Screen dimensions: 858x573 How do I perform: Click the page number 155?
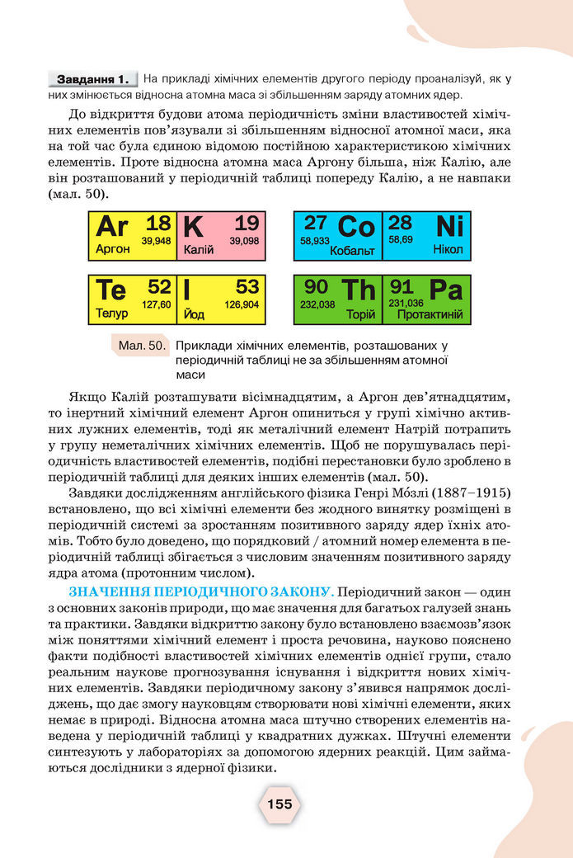(x=279, y=804)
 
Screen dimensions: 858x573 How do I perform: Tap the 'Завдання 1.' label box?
(x=93, y=80)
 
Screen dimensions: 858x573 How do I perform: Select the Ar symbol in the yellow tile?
(x=112, y=226)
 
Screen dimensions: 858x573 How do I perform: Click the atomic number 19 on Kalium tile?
(x=246, y=223)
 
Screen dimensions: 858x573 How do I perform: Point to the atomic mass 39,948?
(x=156, y=241)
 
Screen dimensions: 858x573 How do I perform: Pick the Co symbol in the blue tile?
(x=356, y=226)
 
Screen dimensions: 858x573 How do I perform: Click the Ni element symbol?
(x=449, y=225)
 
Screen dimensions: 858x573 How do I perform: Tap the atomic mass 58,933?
(x=315, y=241)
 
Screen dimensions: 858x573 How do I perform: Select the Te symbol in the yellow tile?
(x=111, y=290)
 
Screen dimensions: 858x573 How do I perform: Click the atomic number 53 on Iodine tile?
(x=247, y=287)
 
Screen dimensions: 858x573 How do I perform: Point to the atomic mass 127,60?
(x=156, y=304)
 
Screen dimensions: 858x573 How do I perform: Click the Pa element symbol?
(x=446, y=290)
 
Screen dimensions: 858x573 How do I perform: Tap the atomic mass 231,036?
(x=406, y=304)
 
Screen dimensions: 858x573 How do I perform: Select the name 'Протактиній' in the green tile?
(x=430, y=315)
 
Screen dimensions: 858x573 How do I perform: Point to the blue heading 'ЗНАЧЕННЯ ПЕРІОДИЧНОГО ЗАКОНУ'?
(x=200, y=592)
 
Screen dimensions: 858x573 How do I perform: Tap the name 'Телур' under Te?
(x=111, y=314)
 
